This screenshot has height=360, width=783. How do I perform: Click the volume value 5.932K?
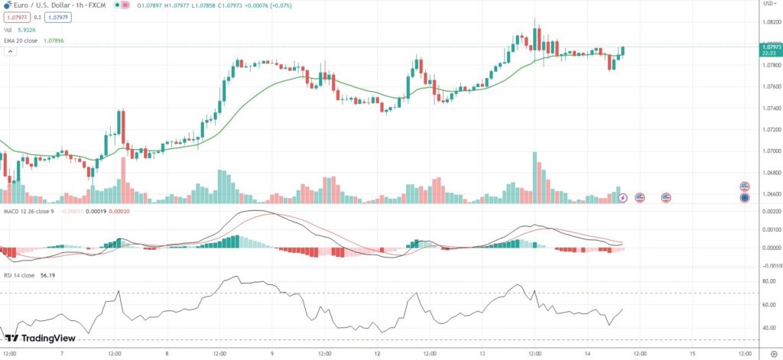click(26, 30)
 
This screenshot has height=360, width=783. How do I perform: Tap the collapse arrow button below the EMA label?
click(10, 51)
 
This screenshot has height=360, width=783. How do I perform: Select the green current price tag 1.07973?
click(770, 49)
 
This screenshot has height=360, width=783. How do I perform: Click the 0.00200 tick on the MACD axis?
click(768, 211)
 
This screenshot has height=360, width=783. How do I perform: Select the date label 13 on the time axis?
click(483, 354)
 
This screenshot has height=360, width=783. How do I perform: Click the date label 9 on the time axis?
click(272, 354)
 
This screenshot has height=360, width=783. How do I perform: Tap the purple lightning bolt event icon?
click(622, 198)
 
